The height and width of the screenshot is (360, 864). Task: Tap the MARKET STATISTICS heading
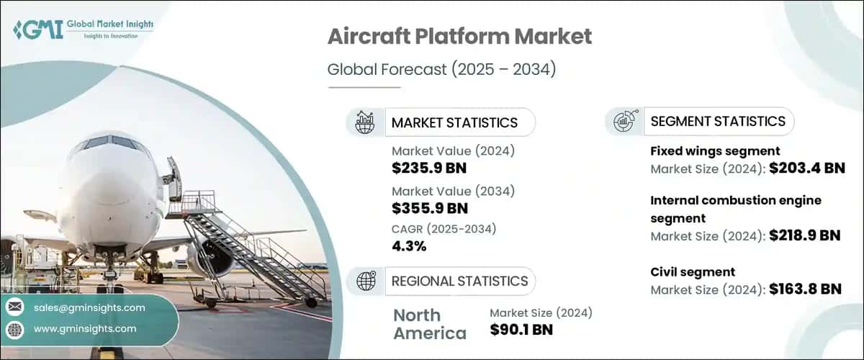454,122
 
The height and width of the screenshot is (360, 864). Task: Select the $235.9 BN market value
430,170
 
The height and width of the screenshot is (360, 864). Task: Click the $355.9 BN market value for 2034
430,209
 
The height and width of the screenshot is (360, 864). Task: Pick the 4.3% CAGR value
409,246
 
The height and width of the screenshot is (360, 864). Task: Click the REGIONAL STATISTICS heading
459,281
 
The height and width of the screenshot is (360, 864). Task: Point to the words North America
429,324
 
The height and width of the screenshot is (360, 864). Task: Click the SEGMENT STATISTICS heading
718,121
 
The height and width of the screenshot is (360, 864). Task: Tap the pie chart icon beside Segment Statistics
624,122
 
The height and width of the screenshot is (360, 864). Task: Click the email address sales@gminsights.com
90,307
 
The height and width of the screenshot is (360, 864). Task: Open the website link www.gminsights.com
85,329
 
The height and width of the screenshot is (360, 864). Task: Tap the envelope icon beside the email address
15,307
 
